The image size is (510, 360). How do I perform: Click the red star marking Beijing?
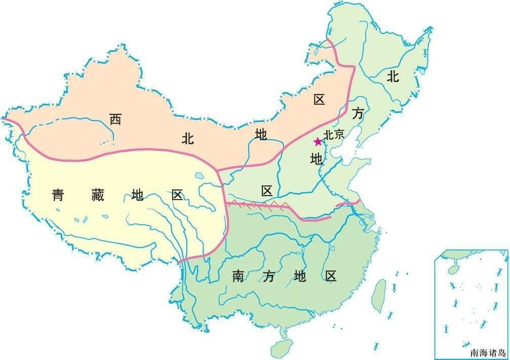[318, 141]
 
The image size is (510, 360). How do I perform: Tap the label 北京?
[334, 135]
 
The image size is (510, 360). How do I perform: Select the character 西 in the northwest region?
[115, 119]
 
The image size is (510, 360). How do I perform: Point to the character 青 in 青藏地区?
[58, 194]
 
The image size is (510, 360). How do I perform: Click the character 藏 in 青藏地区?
[97, 194]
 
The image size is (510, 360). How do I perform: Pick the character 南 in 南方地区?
[239, 276]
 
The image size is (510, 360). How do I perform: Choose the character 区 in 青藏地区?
[177, 194]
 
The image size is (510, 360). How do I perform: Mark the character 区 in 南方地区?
[331, 276]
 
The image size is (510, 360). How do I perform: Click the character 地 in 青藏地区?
[137, 194]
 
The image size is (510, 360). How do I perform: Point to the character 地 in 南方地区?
[299, 276]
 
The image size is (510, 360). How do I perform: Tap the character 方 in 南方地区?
[269, 276]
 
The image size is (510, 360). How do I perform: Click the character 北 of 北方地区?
[394, 76]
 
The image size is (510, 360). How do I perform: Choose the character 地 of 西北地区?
[261, 134]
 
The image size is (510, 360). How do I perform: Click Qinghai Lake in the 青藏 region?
[199, 177]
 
